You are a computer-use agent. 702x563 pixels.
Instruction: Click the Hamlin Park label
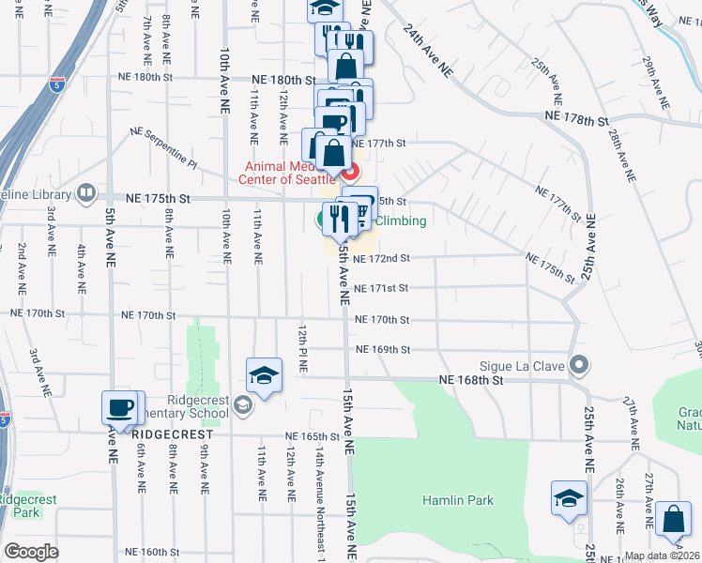coord(457,500)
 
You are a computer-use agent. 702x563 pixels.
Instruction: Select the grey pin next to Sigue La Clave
coord(579,364)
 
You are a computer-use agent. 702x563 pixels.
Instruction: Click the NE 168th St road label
coord(472,380)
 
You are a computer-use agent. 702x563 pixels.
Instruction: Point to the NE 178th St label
coord(577,120)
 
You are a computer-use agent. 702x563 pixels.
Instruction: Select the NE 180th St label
coord(281,82)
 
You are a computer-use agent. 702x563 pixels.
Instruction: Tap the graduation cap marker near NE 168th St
coord(265,376)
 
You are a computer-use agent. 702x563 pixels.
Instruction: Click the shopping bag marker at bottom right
coord(674,520)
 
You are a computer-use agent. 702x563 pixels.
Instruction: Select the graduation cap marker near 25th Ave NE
coord(569,498)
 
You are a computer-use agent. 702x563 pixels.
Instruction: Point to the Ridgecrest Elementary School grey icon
coord(243,404)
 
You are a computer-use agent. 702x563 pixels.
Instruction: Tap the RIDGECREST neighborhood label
coord(168,435)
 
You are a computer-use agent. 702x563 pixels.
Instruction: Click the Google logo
coord(31,552)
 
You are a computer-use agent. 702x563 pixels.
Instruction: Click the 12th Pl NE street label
coord(303,351)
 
